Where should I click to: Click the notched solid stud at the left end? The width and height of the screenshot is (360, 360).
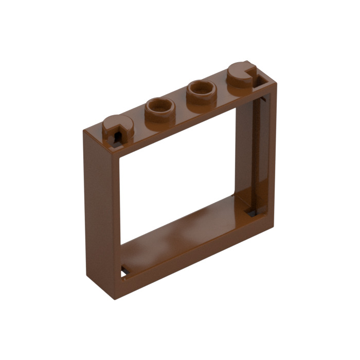(117, 125)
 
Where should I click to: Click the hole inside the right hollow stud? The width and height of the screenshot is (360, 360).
(201, 89)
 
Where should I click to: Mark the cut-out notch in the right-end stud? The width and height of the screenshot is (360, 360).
(251, 72)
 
